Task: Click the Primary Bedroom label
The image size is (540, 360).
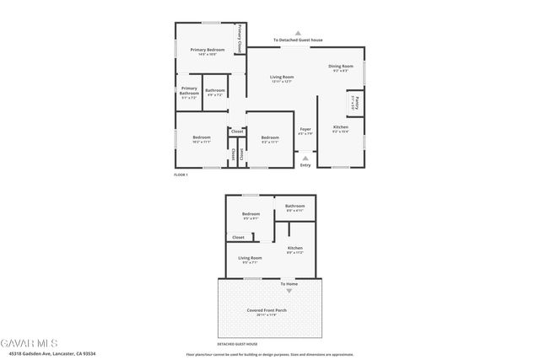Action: tap(207, 51)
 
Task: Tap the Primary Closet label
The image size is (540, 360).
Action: tap(240, 39)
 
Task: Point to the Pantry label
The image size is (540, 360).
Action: tap(355, 102)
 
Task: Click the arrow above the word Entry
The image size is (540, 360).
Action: tap(305, 157)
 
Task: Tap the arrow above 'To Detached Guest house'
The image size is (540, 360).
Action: tap(297, 33)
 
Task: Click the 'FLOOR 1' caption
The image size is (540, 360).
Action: tap(181, 175)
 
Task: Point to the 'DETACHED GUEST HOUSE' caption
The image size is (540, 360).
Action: tap(237, 344)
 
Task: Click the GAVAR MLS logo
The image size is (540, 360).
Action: tap(30, 343)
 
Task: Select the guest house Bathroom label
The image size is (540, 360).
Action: tap(294, 207)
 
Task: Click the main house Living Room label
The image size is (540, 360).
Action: tap(282, 78)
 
